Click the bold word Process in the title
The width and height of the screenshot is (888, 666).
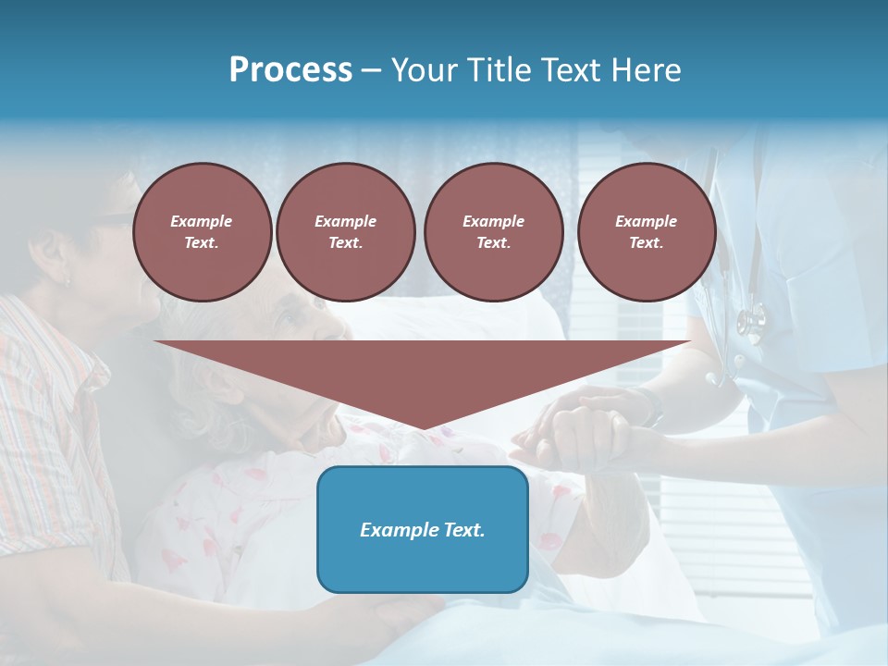(290, 70)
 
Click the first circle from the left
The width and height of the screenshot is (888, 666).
(202, 232)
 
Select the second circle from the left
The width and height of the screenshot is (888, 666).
(345, 232)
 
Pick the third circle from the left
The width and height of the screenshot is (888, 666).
(493, 232)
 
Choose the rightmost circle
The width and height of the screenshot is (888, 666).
(646, 232)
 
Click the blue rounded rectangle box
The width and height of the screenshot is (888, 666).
(422, 529)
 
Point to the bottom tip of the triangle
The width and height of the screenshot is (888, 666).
(423, 428)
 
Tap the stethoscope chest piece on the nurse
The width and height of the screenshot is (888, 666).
(751, 321)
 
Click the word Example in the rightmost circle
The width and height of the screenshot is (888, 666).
(646, 221)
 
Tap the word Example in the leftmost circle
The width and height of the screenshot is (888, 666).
(202, 221)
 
